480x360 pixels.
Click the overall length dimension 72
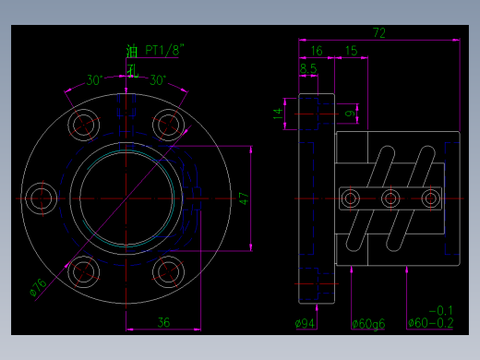[378, 32]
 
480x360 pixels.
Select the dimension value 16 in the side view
[316, 51]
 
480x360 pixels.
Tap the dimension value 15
[351, 51]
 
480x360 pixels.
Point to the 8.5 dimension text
[308, 68]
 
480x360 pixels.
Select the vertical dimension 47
[244, 198]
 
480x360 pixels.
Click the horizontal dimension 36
[163, 322]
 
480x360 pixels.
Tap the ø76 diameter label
[39, 287]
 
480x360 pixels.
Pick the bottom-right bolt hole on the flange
[167, 270]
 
